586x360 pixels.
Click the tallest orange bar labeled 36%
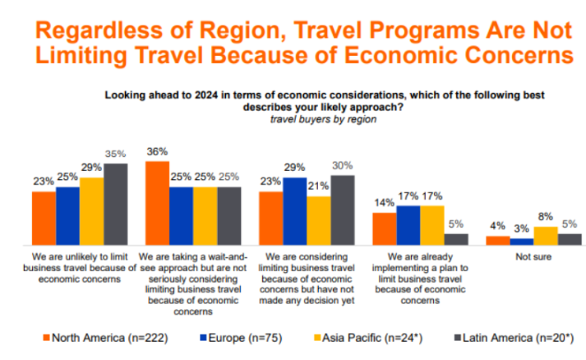(x=157, y=203)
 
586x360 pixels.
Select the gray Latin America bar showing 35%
(x=116, y=204)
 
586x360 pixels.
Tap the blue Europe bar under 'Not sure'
(x=522, y=242)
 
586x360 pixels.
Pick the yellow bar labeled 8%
(x=546, y=236)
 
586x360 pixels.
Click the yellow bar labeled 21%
(x=319, y=220)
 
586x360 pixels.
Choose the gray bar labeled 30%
(x=343, y=210)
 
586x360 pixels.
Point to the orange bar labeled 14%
(x=385, y=228)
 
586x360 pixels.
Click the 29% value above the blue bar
(x=294, y=167)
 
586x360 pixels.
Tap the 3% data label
(x=521, y=228)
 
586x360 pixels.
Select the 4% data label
(x=498, y=226)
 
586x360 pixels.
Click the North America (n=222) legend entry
(x=106, y=338)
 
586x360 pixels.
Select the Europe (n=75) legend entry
(x=241, y=338)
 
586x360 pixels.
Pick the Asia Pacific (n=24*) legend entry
(x=368, y=338)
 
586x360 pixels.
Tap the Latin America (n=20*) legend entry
(x=514, y=338)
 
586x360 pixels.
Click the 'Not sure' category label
(x=533, y=256)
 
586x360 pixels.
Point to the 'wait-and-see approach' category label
(x=193, y=284)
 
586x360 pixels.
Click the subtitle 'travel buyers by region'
(x=323, y=119)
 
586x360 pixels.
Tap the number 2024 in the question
(x=206, y=95)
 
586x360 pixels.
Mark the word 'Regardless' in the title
(x=99, y=30)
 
